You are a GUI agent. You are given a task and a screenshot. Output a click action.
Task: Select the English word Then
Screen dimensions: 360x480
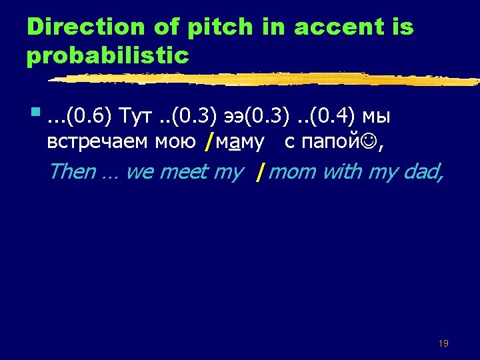(72, 172)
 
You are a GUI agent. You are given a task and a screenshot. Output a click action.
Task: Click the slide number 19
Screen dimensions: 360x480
(443, 343)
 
